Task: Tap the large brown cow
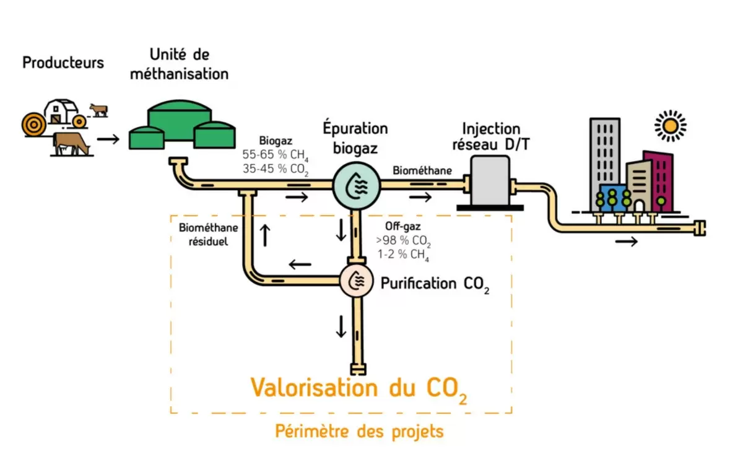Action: click(x=71, y=144)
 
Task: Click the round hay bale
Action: click(x=33, y=124)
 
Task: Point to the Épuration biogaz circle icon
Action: click(x=355, y=184)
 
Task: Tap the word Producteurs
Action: click(x=63, y=63)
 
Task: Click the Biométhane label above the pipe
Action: click(x=422, y=170)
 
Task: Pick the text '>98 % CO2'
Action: click(x=403, y=241)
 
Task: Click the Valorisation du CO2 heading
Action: click(x=358, y=388)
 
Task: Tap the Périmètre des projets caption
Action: click(x=359, y=431)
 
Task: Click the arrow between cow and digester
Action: click(x=108, y=138)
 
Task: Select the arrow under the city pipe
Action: click(x=626, y=242)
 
